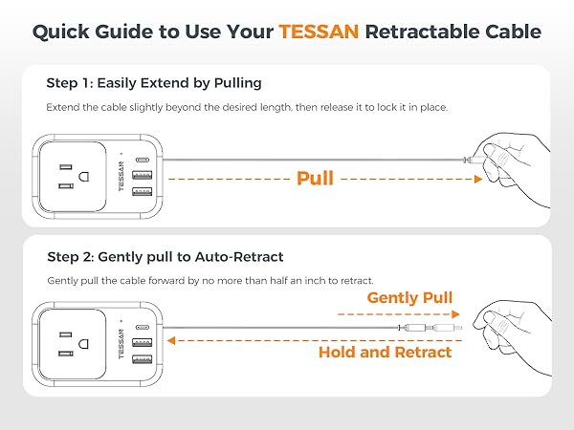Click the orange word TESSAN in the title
coord(321,32)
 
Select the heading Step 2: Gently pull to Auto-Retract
coord(165,257)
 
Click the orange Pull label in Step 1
coord(315,179)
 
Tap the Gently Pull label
coord(409,297)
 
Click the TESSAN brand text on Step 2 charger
coord(121,344)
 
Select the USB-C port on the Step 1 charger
coord(143,160)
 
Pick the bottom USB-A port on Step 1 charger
coord(143,192)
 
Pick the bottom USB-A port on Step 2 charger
coord(143,359)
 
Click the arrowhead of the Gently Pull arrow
coord(457,314)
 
